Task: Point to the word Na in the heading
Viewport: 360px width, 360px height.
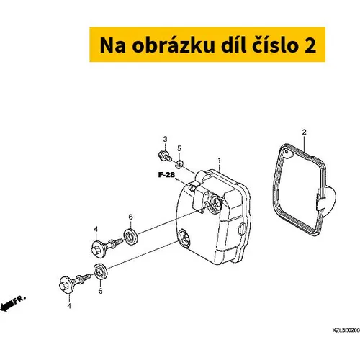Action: [x=113, y=45]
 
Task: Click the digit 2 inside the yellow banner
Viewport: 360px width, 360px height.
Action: [x=310, y=45]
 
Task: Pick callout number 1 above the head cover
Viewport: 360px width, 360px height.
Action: [x=219, y=161]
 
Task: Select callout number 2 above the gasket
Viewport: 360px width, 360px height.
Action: [x=305, y=132]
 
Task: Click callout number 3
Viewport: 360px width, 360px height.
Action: [x=165, y=139]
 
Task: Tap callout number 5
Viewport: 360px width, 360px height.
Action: [x=179, y=148]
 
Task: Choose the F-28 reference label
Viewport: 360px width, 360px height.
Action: [x=166, y=175]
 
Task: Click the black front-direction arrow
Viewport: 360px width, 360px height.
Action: [x=6, y=307]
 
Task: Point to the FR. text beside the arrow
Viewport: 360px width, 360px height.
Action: [x=19, y=300]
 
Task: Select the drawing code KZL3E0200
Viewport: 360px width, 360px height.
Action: [x=346, y=330]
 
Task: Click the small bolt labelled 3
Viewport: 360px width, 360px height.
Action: [x=165, y=156]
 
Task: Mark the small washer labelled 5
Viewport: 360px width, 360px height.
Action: [x=179, y=164]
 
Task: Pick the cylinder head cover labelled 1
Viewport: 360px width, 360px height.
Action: [x=214, y=216]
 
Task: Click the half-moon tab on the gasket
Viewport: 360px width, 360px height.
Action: [x=328, y=199]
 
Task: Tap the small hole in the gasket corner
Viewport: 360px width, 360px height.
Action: [x=286, y=152]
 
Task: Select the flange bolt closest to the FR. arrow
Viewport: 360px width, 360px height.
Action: [x=75, y=283]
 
